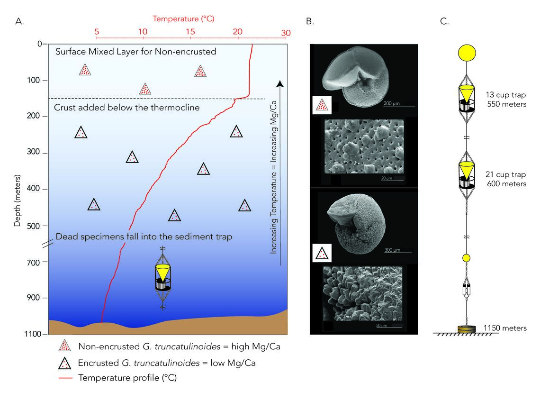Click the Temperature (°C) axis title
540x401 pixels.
(x=183, y=19)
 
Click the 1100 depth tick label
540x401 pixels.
(x=34, y=334)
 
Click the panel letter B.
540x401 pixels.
(x=310, y=21)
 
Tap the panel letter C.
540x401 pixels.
(x=444, y=21)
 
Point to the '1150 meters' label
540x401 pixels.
(x=505, y=328)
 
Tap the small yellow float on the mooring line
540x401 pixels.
(x=466, y=258)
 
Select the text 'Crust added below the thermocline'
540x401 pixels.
(x=127, y=108)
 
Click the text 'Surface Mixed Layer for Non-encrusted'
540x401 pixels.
(x=135, y=52)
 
